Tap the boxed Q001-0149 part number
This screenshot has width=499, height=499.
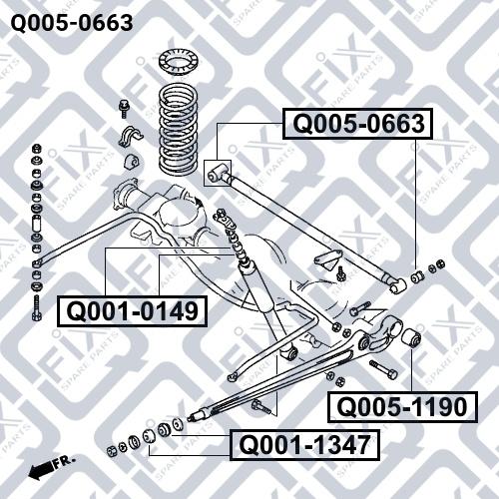pyautogui.click(x=131, y=310)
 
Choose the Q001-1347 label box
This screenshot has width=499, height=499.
pyautogui.click(x=304, y=444)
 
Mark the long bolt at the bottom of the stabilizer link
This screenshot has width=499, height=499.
pyautogui.click(x=36, y=304)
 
